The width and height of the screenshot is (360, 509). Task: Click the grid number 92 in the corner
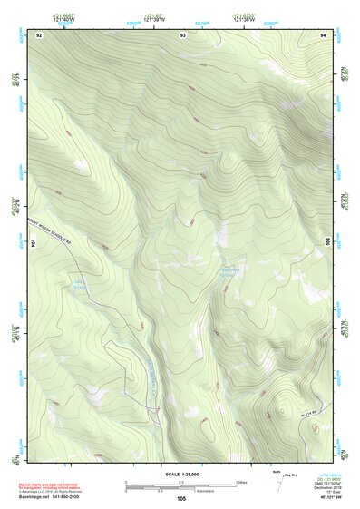point(39,34)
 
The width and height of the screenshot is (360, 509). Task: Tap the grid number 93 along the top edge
point(183,34)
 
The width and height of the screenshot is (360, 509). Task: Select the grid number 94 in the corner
point(323,34)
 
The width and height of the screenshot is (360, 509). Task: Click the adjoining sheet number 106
point(327,243)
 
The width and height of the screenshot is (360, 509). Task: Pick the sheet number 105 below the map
point(181,498)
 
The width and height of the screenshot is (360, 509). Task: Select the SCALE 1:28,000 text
point(180,473)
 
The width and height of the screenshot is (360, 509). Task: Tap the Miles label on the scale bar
point(241,481)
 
